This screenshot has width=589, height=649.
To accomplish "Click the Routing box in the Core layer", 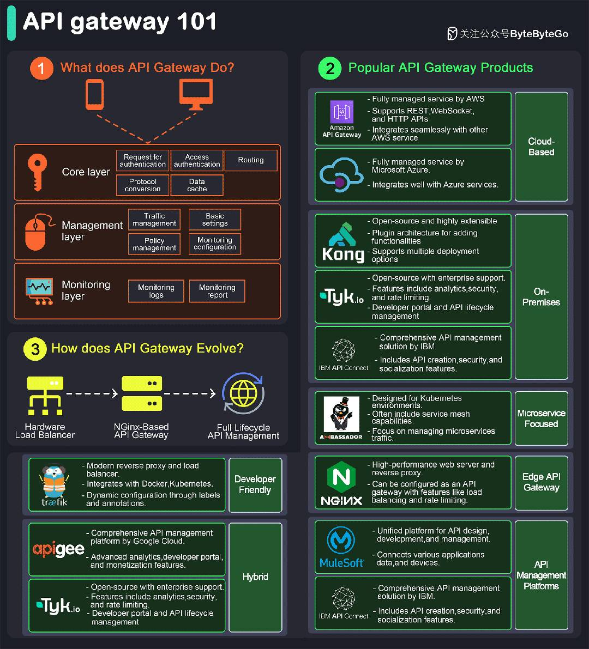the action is pos(250,160).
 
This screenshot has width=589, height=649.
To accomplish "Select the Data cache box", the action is pos(197,185).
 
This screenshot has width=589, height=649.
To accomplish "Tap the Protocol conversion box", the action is pos(142,185).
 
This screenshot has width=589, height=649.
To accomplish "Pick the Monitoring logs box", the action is pos(156,291).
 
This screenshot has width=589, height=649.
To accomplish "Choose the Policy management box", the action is pos(154,244).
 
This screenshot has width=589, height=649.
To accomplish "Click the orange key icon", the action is pos(37,172).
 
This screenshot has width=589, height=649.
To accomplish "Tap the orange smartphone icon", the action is pos(94,95).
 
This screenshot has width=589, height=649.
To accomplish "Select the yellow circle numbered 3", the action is pos(35,349).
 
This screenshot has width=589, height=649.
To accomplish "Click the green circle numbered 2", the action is pos(330,68).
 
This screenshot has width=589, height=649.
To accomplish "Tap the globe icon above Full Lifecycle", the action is pos(244,393).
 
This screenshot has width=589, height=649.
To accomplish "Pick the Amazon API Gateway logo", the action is pos(342,118).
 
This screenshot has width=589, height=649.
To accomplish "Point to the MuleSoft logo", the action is pos(341,547).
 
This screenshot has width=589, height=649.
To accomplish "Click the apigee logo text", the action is pos(58,550).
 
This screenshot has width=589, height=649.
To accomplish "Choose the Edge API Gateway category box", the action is pos(541,483).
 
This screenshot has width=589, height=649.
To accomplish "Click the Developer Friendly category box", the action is pos(255,484).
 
